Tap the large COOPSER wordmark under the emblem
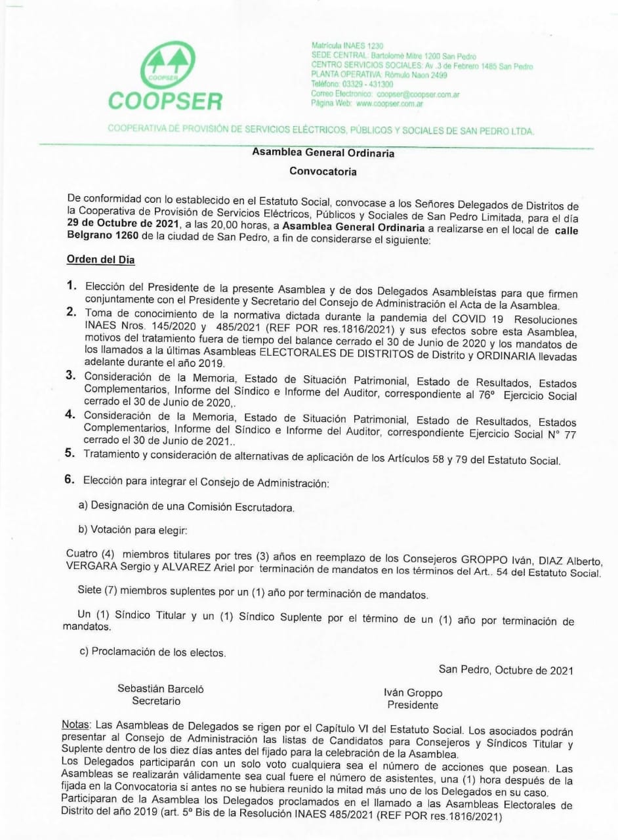(x=165, y=101)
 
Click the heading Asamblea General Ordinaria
(x=323, y=153)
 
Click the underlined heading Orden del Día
(x=100, y=260)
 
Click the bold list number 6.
(x=70, y=480)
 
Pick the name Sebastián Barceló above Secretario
(x=161, y=688)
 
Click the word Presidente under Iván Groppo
(x=413, y=705)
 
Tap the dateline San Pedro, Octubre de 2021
(x=506, y=670)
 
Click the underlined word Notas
(x=76, y=726)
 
